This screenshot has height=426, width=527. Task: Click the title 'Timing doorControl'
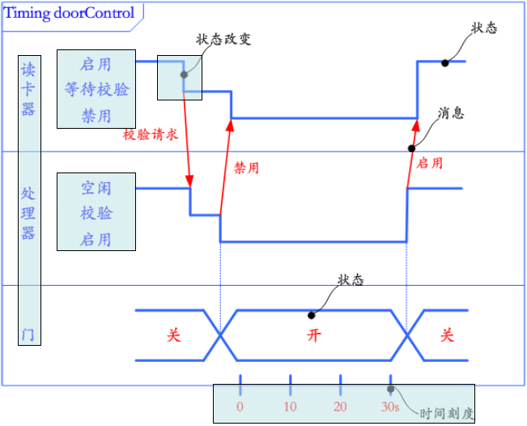70,13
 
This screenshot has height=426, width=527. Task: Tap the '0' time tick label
240,407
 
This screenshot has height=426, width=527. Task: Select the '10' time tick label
290,407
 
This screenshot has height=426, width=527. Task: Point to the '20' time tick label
340,407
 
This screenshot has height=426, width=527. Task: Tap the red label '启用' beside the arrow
429,163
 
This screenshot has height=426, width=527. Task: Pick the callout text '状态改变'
223,39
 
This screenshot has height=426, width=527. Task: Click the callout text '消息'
451,113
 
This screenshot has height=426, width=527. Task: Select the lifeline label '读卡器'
28,89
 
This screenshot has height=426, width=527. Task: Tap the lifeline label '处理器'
28,213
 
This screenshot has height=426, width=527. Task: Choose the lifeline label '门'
28,334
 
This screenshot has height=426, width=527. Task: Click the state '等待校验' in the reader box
96,89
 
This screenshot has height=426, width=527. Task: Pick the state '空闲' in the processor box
96,188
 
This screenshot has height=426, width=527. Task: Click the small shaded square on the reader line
180,78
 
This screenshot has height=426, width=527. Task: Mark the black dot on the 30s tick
391,389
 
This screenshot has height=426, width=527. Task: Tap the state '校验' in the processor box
96,213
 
